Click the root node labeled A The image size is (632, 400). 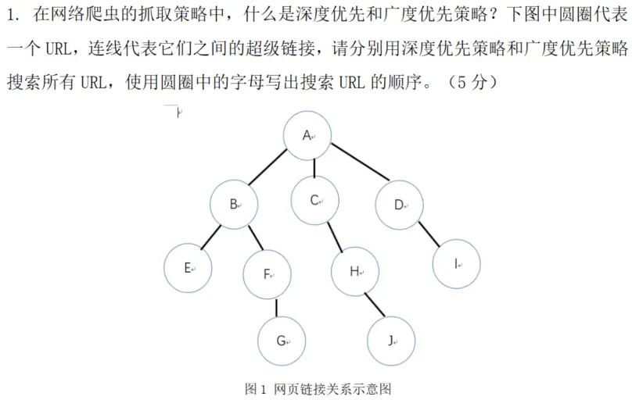coord(307,136)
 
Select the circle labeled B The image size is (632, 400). coord(234,205)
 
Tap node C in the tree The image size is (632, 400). coord(315,200)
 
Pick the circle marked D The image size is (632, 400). coord(399,205)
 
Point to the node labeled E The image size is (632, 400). coord(188,268)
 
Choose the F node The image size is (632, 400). coord(268,274)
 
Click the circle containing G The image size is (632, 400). coord(282,341)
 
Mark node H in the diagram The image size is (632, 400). coord(355,272)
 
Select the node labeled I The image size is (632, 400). coord(456,264)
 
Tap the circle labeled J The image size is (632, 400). coord(392,341)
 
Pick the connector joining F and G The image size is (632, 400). coord(276,308)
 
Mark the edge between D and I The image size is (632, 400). coord(428,235)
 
